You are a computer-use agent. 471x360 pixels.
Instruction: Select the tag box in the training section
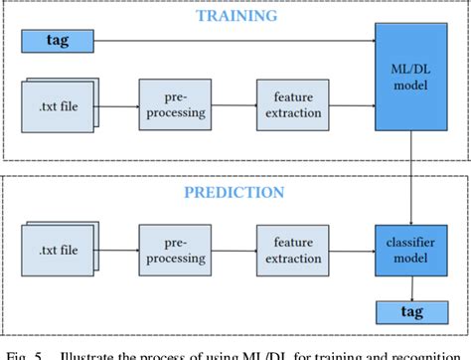[57, 41]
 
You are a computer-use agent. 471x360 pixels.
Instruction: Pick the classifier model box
[409, 248]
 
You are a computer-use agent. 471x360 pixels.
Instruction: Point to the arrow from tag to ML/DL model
[229, 41]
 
